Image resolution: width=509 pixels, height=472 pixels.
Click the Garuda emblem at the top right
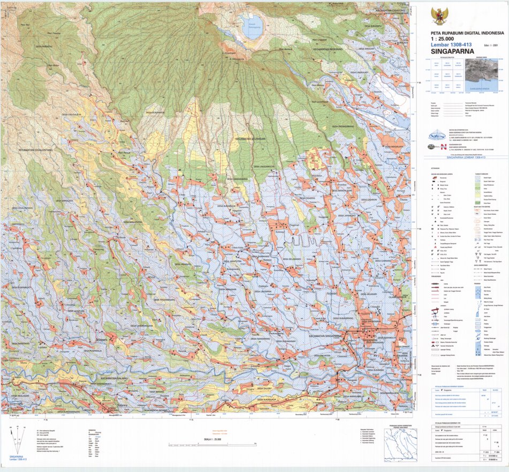(x=440, y=16)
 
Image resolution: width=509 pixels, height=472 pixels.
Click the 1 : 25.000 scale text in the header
(x=444, y=39)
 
